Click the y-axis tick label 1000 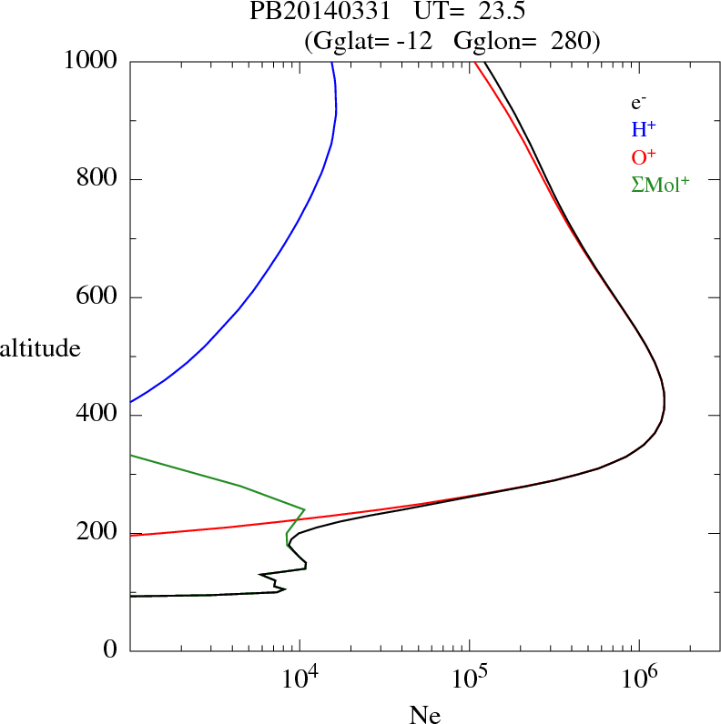(90, 61)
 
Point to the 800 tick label (96, 179)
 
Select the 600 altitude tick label (96, 297)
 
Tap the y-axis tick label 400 (96, 416)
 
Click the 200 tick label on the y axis (96, 534)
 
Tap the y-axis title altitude (40, 347)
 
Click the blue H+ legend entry (644, 131)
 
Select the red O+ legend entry (644, 157)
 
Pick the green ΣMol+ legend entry (660, 184)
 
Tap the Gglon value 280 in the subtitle (575, 40)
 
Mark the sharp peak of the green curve (303, 509)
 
